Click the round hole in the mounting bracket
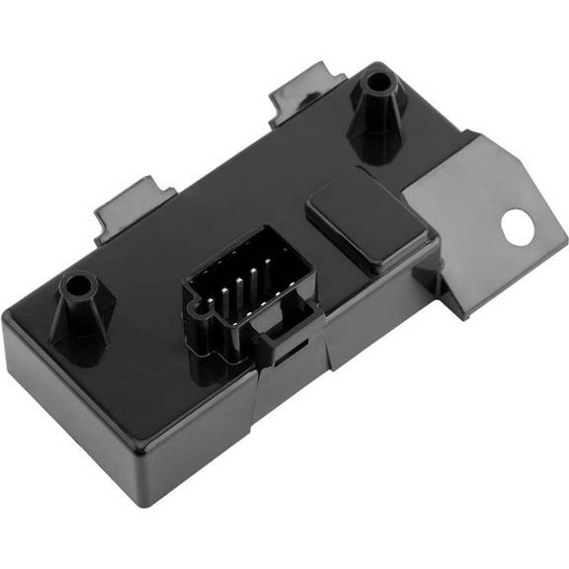point(517,227)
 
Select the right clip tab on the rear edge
point(307,90)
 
